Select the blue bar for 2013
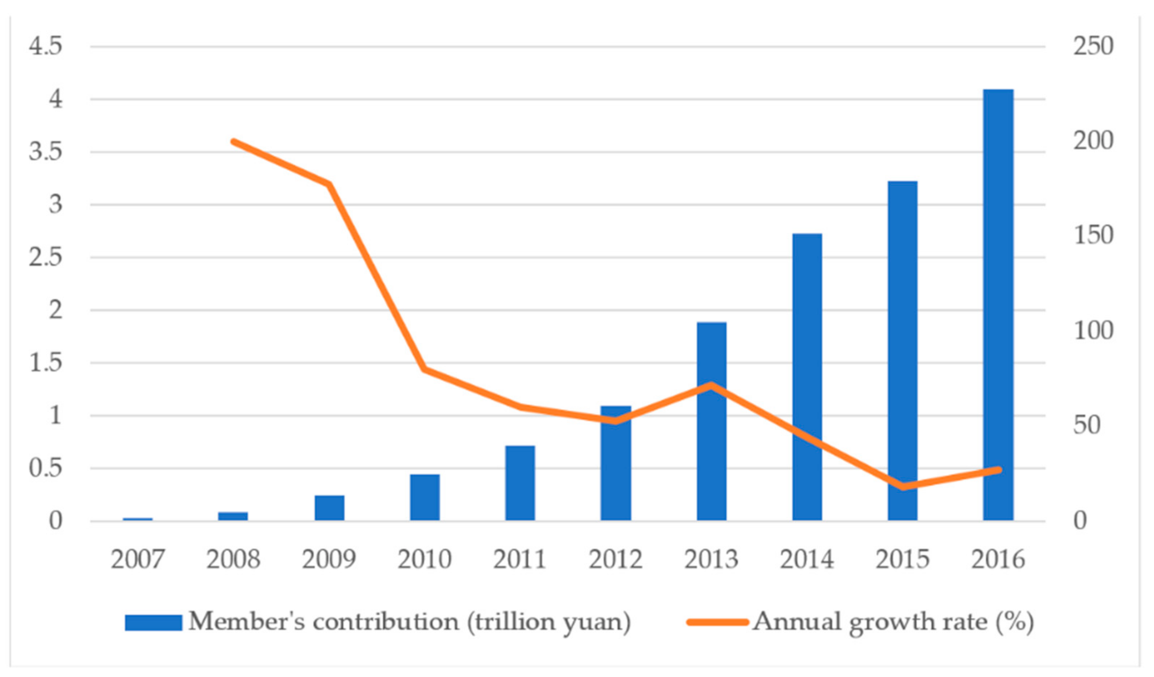tap(711, 421)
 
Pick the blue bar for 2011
tap(520, 483)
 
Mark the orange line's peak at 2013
tap(711, 384)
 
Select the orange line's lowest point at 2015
tap(903, 487)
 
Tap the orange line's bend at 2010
tap(424, 369)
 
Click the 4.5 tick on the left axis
tap(45, 46)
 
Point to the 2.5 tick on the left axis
tap(45, 257)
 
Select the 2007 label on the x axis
tap(137, 559)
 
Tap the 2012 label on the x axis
tap(615, 559)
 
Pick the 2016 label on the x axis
tap(998, 559)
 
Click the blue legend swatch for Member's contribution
tap(153, 622)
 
